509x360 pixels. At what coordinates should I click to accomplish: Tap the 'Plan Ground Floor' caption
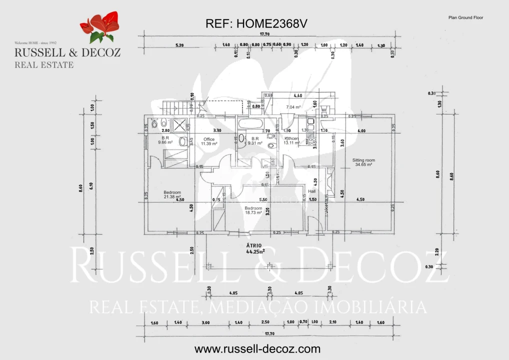(x=465, y=17)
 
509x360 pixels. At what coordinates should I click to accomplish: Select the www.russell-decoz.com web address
(x=257, y=349)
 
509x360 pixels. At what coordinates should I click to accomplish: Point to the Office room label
(x=209, y=139)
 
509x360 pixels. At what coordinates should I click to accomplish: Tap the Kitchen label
(x=291, y=138)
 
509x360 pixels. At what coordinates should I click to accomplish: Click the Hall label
(x=312, y=191)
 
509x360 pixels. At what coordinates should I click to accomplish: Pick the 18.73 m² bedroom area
(x=253, y=212)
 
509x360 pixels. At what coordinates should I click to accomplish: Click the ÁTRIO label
(x=254, y=245)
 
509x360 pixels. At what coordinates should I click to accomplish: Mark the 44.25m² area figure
(x=255, y=251)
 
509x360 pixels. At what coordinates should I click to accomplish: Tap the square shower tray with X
(x=179, y=124)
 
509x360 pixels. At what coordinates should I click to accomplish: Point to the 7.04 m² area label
(x=293, y=107)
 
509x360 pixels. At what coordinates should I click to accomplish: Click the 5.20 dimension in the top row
(x=179, y=45)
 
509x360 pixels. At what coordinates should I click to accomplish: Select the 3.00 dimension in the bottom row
(x=205, y=322)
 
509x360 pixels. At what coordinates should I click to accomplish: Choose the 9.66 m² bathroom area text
(x=165, y=142)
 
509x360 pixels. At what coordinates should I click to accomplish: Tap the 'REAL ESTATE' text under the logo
(x=44, y=64)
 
